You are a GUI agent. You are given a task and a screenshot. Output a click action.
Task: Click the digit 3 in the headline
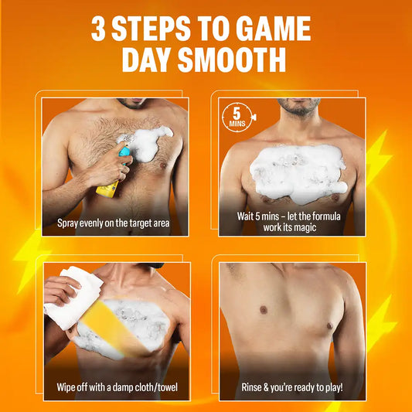[x=99, y=29]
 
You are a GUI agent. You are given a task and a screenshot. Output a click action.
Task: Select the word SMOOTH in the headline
[x=232, y=60]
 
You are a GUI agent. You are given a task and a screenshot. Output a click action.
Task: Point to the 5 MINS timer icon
[x=238, y=117]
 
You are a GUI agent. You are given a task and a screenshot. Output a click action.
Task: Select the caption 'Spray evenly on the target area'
[x=114, y=223]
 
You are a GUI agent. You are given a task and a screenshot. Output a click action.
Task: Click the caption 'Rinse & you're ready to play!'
[x=292, y=387]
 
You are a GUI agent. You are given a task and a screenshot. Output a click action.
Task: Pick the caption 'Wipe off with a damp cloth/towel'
[x=117, y=387]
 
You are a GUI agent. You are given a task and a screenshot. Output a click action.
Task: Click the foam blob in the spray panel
[x=146, y=143]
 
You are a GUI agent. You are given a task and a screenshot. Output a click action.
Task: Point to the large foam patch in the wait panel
[x=298, y=173]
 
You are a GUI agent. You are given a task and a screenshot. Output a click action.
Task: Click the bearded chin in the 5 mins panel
[x=298, y=107]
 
